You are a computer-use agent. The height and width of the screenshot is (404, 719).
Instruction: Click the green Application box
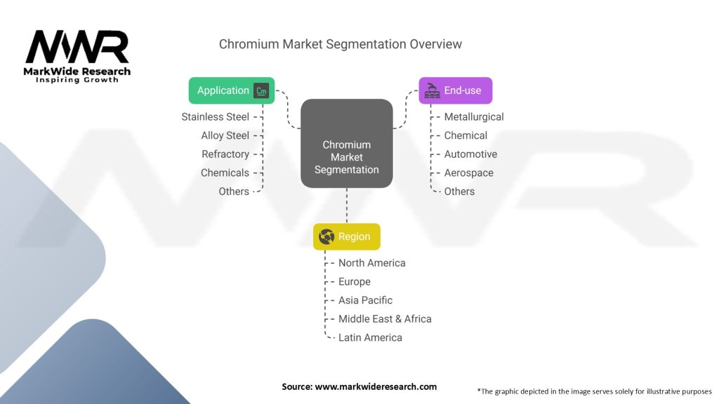[232, 90]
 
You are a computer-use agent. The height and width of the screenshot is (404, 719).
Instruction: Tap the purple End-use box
[455, 90]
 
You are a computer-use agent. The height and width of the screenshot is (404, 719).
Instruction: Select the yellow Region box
[346, 236]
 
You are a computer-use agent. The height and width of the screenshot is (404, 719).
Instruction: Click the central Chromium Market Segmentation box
[346, 144]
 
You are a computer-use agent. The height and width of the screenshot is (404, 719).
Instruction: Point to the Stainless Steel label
[215, 117]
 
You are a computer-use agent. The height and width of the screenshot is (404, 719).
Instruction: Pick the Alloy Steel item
[225, 135]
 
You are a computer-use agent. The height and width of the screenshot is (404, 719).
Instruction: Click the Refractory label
[225, 154]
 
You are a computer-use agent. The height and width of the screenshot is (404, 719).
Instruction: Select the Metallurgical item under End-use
[474, 117]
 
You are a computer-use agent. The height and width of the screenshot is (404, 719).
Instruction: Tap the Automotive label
[470, 154]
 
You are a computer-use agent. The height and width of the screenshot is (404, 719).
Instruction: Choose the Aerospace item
[468, 173]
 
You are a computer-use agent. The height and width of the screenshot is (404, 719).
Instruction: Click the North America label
[371, 263]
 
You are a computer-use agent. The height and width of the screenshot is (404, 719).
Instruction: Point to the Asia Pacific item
[365, 300]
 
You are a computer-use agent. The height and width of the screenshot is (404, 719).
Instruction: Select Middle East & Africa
[385, 319]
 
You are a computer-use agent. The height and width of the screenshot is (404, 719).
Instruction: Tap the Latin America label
[370, 337]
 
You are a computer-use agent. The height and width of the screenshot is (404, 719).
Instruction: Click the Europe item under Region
[354, 282]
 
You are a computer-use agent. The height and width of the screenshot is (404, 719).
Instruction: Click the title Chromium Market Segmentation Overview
[341, 44]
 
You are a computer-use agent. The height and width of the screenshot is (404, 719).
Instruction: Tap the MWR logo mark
[77, 47]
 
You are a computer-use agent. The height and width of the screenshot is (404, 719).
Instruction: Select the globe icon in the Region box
[326, 236]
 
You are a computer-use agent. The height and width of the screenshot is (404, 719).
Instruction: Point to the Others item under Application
[234, 191]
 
